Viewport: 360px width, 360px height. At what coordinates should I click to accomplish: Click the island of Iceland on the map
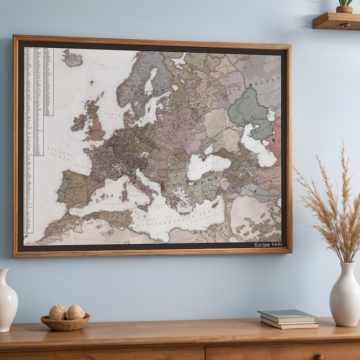point(72,58)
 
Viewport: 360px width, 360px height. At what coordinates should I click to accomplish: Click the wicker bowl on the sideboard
point(65,322)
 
